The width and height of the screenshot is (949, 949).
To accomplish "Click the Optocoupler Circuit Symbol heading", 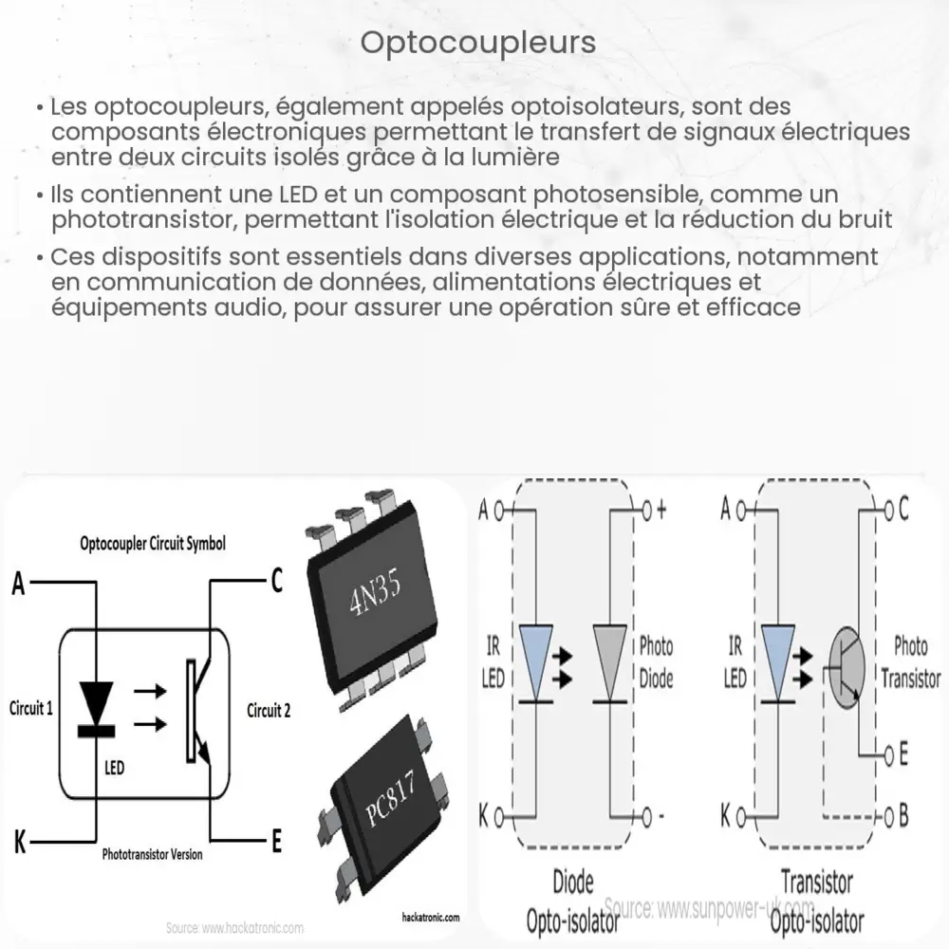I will point(152,545).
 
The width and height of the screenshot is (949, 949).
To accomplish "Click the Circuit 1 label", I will point(30,709).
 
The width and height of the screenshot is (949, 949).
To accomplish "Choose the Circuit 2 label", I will point(269,710).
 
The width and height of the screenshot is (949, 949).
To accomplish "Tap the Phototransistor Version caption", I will point(152,854).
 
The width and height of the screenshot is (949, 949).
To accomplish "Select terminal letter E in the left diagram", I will point(276,840).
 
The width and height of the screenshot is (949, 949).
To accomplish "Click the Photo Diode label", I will point(655,661).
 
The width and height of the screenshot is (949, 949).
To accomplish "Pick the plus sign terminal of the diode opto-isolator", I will point(661,510).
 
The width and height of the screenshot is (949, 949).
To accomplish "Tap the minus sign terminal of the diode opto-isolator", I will point(661,816).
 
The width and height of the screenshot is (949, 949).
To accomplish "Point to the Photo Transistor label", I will point(911,662).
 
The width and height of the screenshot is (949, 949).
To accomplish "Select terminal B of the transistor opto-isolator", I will point(902,815).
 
